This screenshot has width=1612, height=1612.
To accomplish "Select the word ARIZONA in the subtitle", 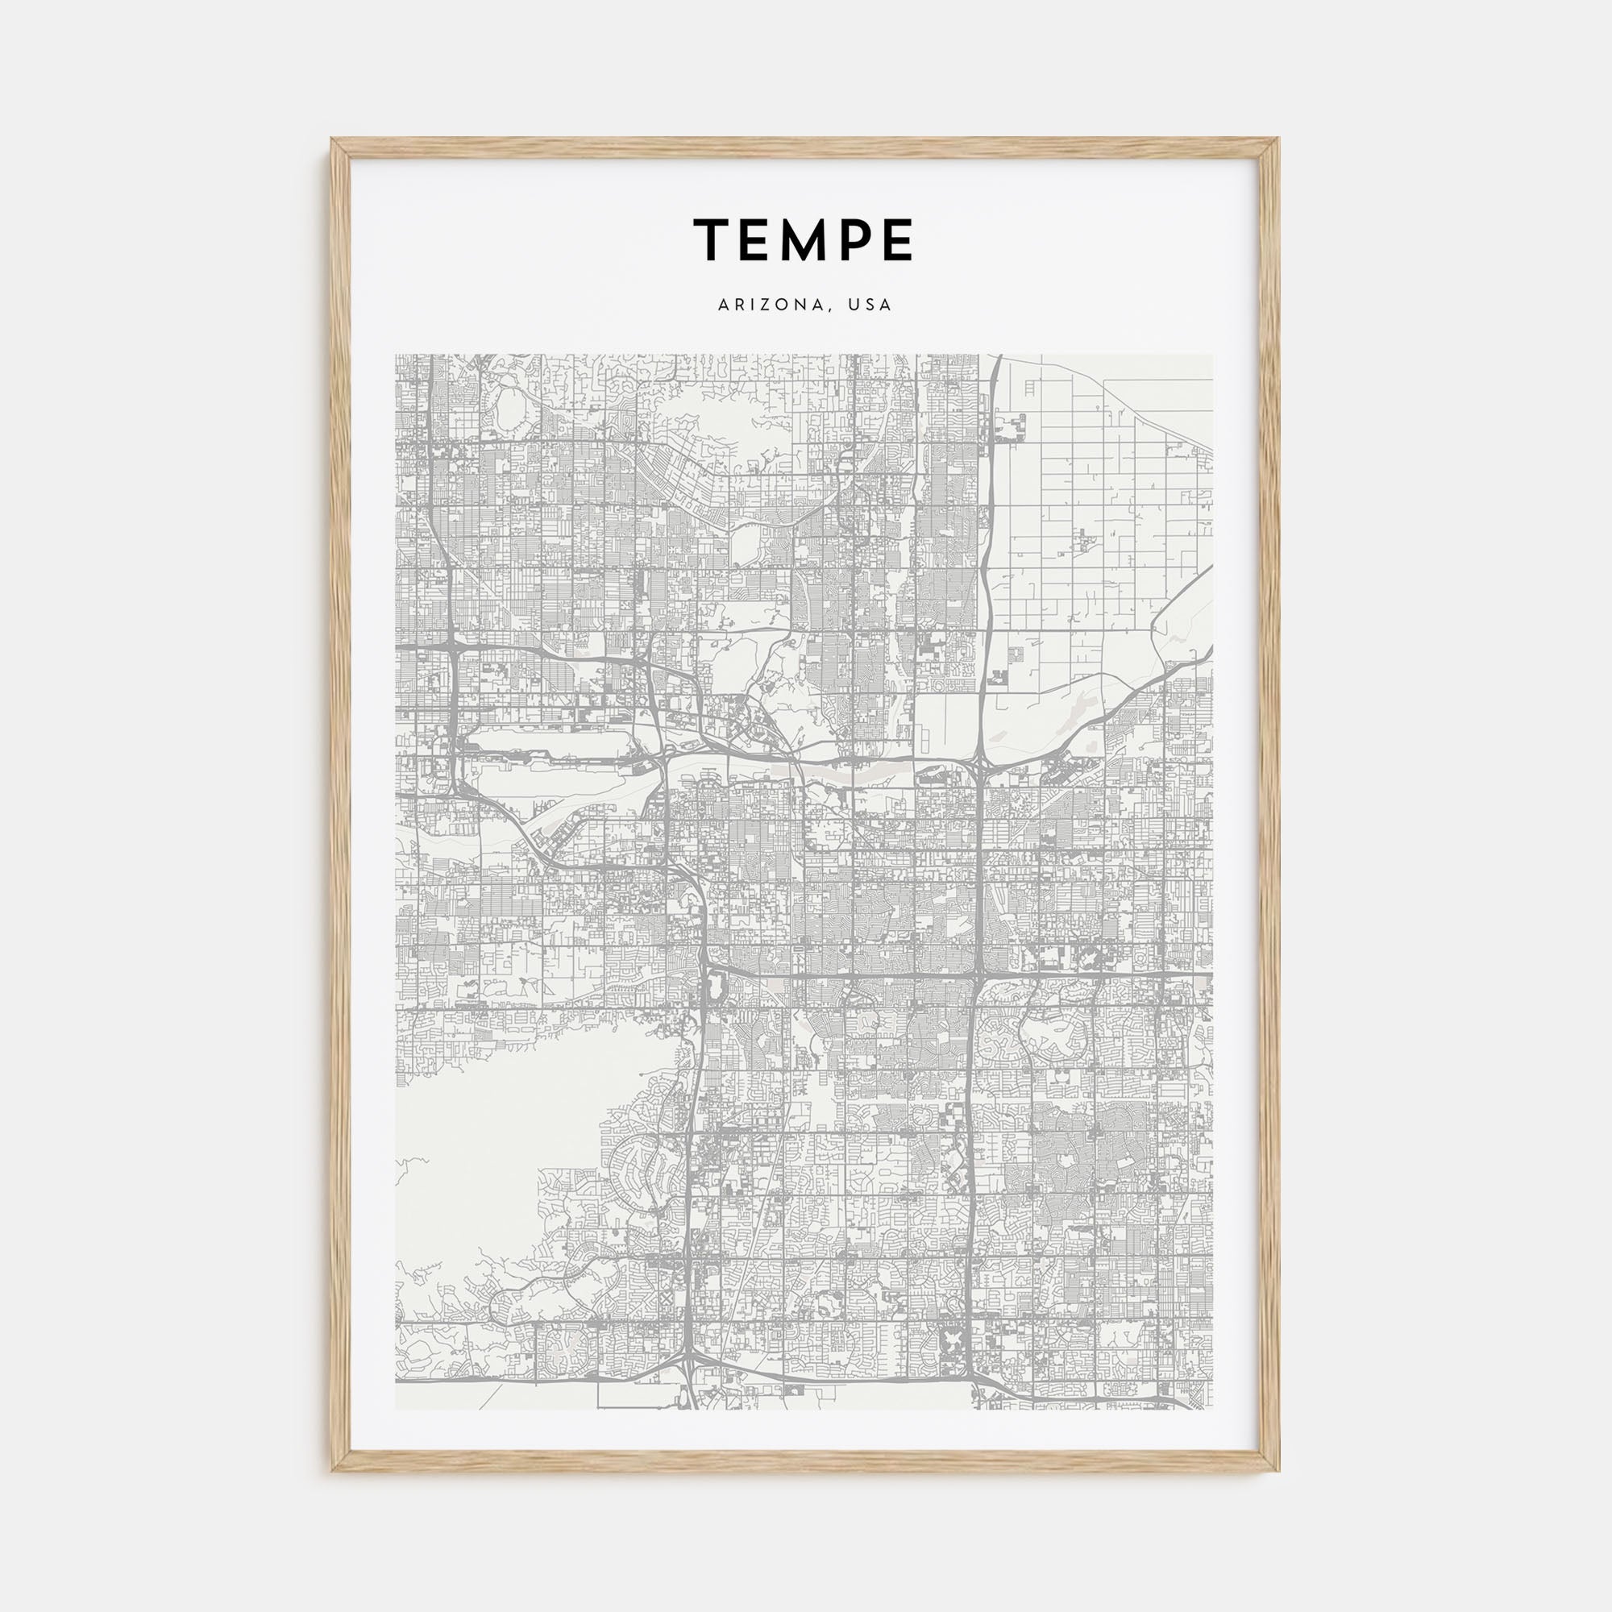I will [x=772, y=305].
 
